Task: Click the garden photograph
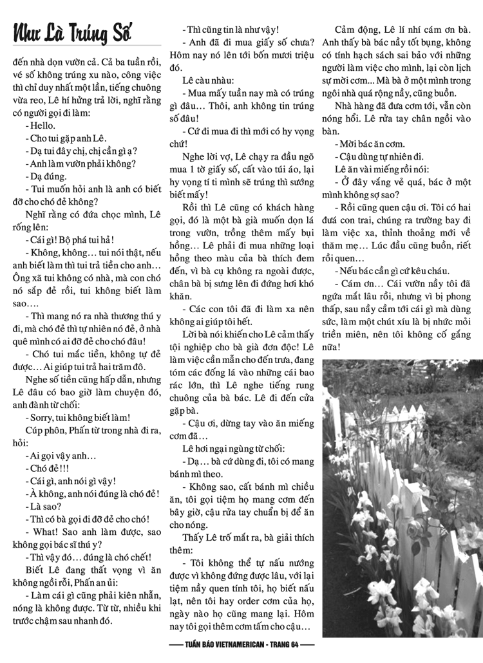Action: (x=402, y=498)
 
